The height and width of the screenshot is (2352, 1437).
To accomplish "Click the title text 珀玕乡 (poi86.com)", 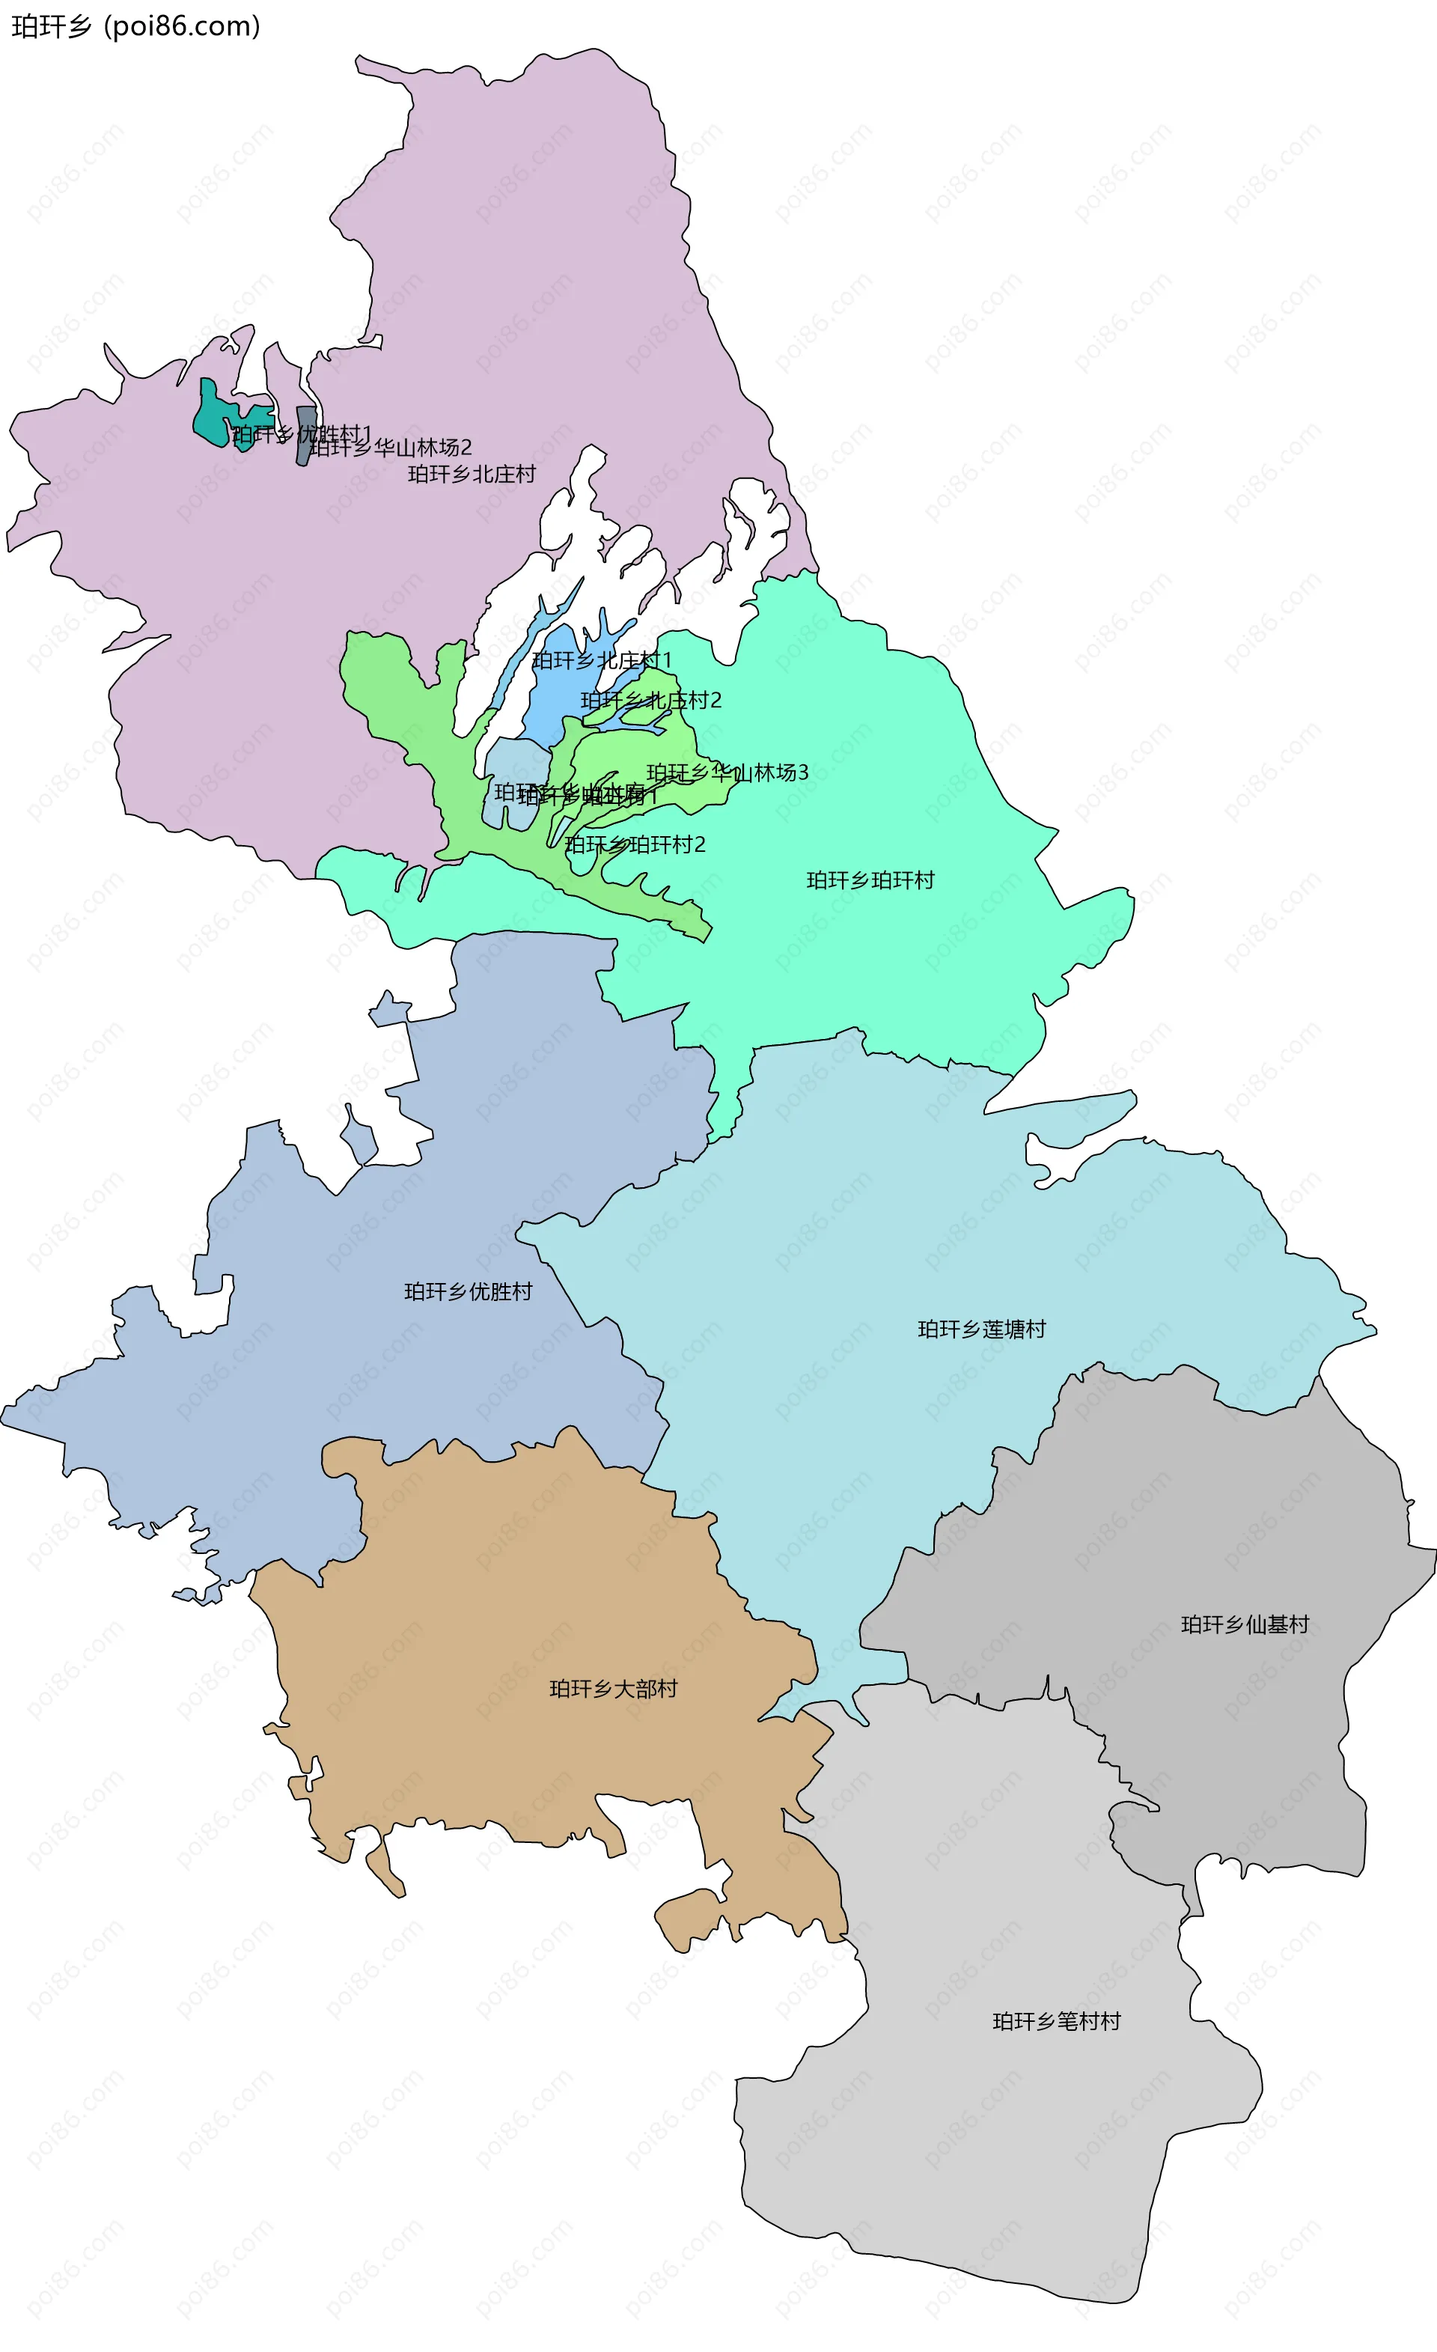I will point(135,27).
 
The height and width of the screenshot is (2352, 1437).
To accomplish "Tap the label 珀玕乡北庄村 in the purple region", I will point(472,475).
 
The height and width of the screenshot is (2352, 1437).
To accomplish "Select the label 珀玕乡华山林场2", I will point(391,448).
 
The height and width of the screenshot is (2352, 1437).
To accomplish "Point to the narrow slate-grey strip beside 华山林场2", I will point(305,435).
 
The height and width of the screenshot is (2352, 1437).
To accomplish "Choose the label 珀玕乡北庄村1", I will point(602,660).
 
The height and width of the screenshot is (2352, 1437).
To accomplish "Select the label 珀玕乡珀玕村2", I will point(635,845).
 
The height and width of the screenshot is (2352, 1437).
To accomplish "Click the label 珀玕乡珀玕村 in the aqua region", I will point(870,880).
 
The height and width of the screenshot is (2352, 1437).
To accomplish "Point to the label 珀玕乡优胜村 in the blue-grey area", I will point(468,1291).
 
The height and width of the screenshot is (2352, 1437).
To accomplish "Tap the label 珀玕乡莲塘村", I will point(982,1329).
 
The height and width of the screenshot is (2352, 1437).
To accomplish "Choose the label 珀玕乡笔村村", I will point(1056,2021).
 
